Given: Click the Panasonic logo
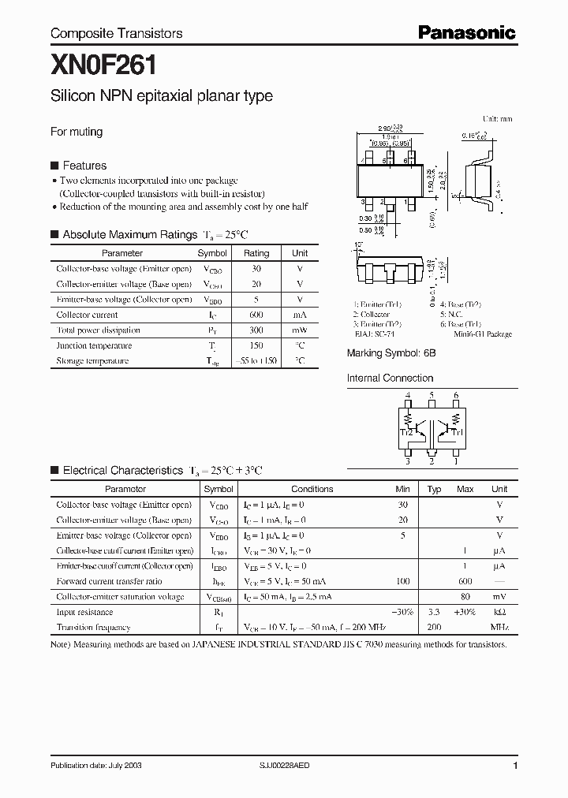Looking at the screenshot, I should coord(465,32).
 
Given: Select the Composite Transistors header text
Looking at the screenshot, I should coord(116,33).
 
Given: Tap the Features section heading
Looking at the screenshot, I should coord(84,166).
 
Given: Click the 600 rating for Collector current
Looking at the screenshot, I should coord(256,315).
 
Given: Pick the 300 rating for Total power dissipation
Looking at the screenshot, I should coord(256,330).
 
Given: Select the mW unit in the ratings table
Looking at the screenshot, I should coord(300,330).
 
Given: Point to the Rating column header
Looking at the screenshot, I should coord(256,253).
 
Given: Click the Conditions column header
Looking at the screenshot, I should coord(312,489).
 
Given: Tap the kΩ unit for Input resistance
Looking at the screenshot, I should coord(499,612).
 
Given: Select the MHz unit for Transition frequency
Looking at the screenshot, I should coord(499,628).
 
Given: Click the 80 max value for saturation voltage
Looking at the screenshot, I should coord(465,597).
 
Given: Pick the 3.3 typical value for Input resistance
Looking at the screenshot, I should coord(434,612).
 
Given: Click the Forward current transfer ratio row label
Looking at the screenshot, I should coord(109,581).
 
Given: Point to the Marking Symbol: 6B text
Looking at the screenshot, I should coord(391,354).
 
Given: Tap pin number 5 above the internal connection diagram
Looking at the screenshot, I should coord(432,395).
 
